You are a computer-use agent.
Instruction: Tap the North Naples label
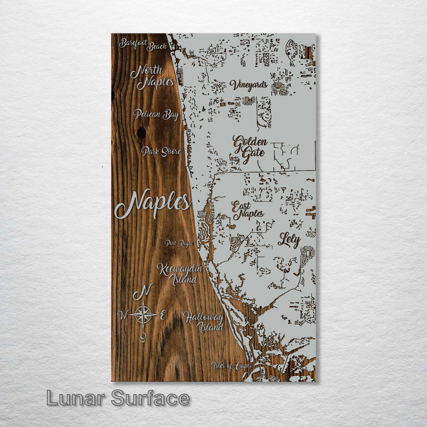[x=152, y=77]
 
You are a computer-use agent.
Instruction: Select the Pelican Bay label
[x=155, y=115]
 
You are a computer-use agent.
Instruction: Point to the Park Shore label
[x=161, y=151]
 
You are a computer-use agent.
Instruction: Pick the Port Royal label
[x=179, y=243]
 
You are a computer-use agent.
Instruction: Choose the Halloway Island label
[x=204, y=322]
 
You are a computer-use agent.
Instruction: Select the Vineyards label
[x=249, y=85]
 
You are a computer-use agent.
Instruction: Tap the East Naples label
[x=248, y=210]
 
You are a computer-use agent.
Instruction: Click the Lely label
[x=289, y=240]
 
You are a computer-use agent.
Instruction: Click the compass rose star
[x=143, y=315]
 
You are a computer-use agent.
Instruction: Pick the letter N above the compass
[x=143, y=292]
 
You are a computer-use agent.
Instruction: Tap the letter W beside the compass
[x=123, y=315]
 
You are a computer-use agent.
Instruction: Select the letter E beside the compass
[x=162, y=315]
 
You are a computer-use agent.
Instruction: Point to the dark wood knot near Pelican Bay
[x=141, y=132]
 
